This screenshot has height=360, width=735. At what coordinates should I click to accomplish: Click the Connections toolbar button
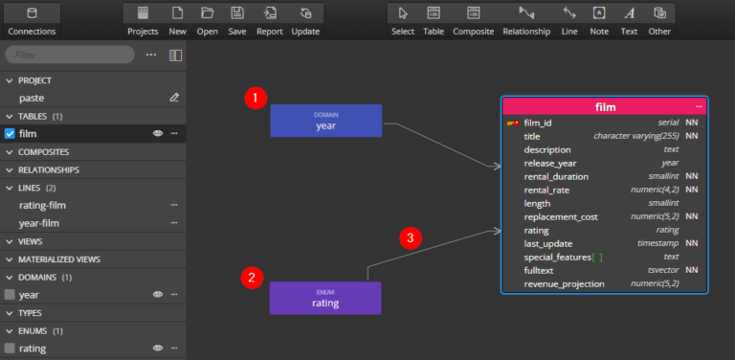click(32, 19)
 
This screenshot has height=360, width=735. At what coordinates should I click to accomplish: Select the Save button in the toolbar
click(236, 19)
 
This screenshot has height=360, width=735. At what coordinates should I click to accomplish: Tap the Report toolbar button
click(269, 19)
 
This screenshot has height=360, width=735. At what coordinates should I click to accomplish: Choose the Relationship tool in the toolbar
click(526, 19)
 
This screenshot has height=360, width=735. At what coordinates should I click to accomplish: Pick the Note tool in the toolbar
click(598, 19)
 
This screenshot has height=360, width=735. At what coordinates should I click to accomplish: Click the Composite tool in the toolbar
click(472, 19)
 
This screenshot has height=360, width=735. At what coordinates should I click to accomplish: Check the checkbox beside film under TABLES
click(11, 133)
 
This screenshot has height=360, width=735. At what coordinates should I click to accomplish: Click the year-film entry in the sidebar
click(41, 223)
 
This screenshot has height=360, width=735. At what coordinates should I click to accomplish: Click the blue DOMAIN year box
click(325, 121)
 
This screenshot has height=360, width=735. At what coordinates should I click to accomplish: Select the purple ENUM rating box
click(324, 298)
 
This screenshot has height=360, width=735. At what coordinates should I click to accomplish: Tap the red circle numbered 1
click(254, 98)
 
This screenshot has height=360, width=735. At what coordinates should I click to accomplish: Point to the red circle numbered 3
click(410, 238)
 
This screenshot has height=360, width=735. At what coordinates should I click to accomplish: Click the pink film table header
click(604, 106)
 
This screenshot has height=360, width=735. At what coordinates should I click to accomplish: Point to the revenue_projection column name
click(564, 283)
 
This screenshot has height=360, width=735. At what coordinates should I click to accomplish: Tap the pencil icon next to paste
click(174, 98)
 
